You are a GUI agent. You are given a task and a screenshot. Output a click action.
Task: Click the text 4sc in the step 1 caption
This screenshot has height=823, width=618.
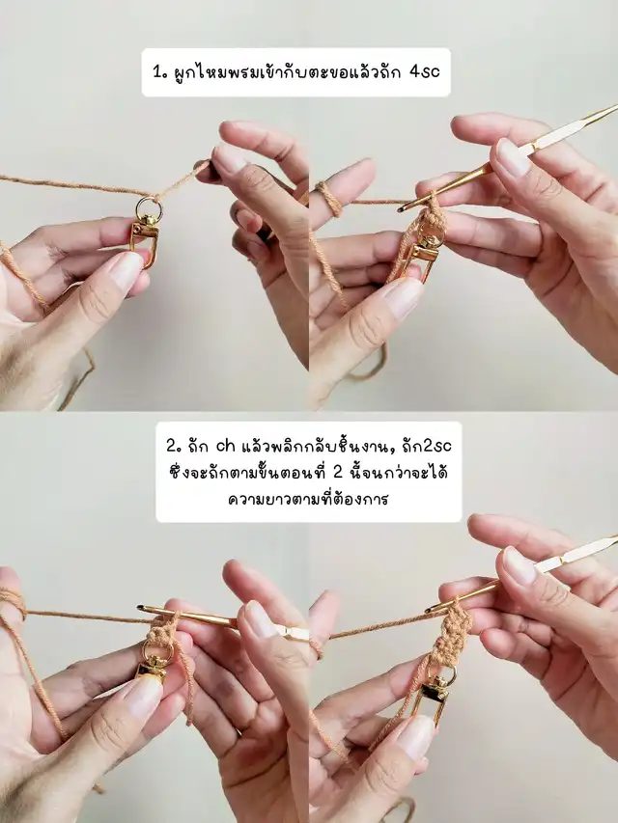[x=424, y=72]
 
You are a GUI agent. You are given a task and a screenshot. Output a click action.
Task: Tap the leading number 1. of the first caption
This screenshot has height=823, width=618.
[x=159, y=72]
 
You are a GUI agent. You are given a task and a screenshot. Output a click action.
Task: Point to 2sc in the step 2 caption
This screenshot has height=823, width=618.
[x=436, y=447]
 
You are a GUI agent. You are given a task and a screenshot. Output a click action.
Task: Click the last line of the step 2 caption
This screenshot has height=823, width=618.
[x=308, y=498]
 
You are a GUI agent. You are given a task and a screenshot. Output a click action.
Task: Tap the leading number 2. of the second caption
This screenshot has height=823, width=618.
[x=174, y=447]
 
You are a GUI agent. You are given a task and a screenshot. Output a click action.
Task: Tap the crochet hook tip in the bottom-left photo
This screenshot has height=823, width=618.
[x=141, y=609]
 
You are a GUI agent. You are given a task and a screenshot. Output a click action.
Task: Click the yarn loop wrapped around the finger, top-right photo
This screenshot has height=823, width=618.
[x=329, y=199]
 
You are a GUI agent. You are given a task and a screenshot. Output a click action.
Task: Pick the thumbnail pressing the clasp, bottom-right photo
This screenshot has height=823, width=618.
[x=416, y=737]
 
